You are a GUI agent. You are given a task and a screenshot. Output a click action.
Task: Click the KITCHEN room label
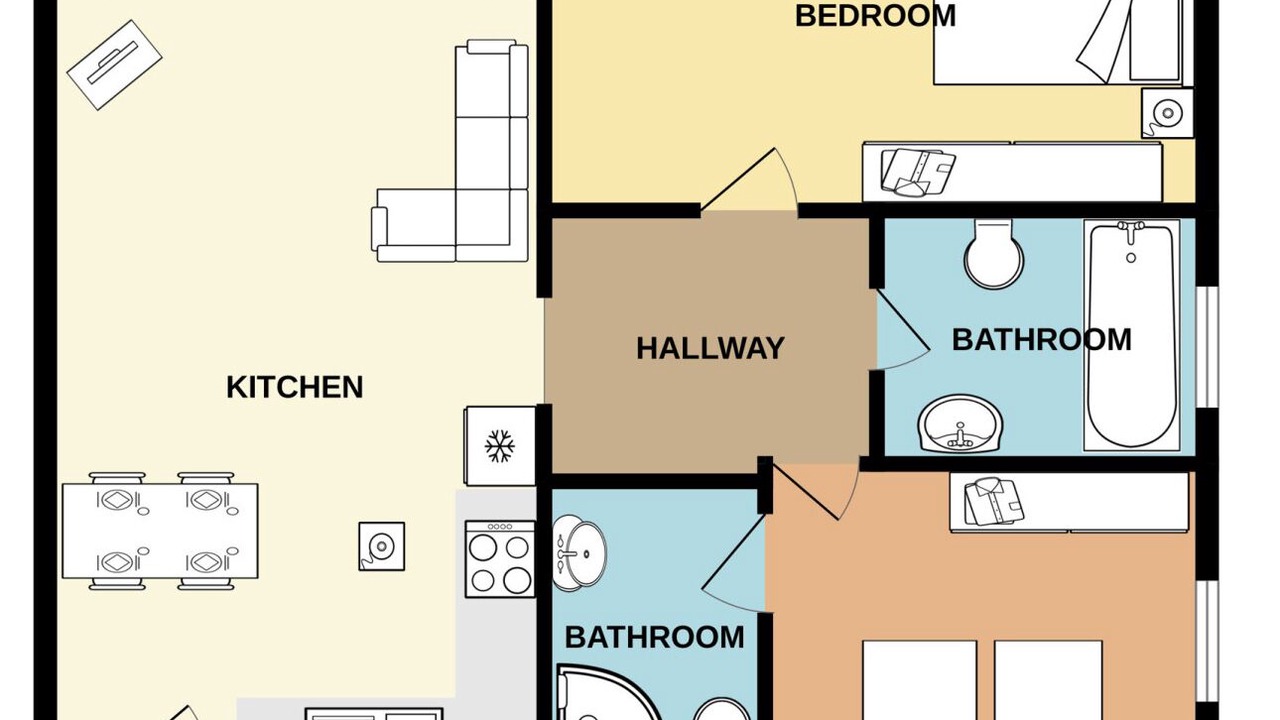point(295,387)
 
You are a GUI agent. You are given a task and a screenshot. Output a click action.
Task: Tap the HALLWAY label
point(710,349)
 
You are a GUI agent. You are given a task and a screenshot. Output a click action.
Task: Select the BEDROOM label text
point(875,15)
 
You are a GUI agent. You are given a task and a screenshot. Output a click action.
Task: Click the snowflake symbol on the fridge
point(499,446)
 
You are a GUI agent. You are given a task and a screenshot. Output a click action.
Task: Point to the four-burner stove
point(500,559)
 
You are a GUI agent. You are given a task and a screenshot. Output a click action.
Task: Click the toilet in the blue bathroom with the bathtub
point(994,254)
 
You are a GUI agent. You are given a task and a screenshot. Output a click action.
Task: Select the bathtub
point(1131,335)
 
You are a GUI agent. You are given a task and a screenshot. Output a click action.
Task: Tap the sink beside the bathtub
point(960,423)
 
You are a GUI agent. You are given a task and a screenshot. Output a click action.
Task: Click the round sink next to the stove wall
point(579,553)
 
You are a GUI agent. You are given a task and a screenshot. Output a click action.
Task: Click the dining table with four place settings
point(160,531)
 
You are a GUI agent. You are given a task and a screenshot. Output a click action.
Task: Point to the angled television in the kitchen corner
point(114,65)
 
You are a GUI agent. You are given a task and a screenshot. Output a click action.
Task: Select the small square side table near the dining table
point(382,546)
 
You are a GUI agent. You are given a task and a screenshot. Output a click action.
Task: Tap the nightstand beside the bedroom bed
point(1167,113)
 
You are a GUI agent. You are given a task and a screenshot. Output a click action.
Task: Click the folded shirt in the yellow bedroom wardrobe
point(918,173)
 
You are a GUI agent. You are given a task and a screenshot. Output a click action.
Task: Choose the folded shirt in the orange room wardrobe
point(994,502)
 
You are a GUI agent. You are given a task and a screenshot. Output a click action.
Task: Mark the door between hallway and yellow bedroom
point(749,180)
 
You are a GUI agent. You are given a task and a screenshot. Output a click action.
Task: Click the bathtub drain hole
point(1131,258)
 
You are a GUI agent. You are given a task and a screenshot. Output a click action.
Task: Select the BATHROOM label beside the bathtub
point(1041,340)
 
